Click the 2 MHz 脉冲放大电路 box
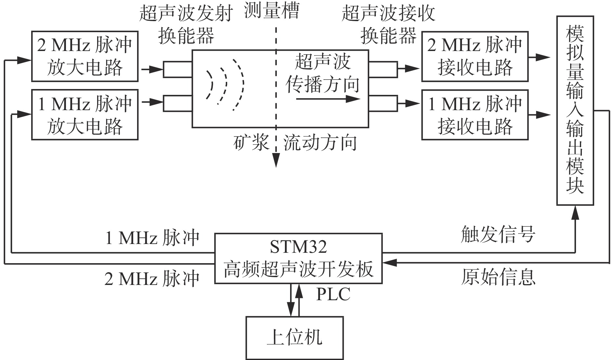85,56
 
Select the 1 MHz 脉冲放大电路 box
85,115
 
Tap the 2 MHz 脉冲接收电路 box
475,56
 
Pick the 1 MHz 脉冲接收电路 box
475,115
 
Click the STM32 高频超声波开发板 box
298,258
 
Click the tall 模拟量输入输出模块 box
575,110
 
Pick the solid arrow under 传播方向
328,99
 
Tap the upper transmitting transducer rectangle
177,69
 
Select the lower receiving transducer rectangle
383,104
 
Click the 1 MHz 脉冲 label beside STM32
152,238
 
